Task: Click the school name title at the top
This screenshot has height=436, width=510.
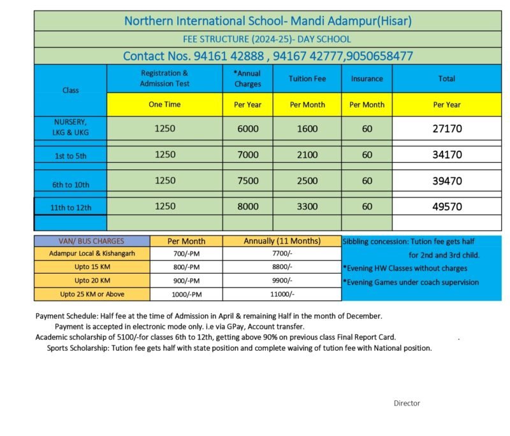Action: pyautogui.click(x=268, y=21)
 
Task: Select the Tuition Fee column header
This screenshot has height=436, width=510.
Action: pyautogui.click(x=307, y=78)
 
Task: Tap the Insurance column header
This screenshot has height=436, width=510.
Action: pyautogui.click(x=367, y=78)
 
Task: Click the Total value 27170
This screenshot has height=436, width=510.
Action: pyautogui.click(x=447, y=128)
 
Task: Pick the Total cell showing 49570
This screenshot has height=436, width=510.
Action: pyautogui.click(x=447, y=206)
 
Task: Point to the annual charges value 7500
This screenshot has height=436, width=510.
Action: pyautogui.click(x=248, y=181)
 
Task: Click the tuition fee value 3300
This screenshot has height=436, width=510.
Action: pyautogui.click(x=307, y=206)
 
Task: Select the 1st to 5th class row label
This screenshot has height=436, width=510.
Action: pyautogui.click(x=71, y=155)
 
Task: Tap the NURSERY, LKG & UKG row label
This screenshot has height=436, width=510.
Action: pyautogui.click(x=71, y=127)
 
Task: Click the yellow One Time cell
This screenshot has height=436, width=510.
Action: pyautogui.click(x=164, y=104)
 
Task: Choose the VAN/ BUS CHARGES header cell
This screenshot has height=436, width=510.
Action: pyautogui.click(x=92, y=241)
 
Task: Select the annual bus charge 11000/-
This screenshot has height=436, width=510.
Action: pyautogui.click(x=282, y=294)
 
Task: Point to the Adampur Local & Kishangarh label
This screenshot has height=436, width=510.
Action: pyautogui.click(x=92, y=254)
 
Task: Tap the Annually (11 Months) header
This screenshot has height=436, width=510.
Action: pyautogui.click(x=282, y=241)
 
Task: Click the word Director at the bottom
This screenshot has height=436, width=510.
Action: pyautogui.click(x=407, y=403)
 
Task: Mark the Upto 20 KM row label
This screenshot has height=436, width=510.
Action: pyautogui.click(x=92, y=280)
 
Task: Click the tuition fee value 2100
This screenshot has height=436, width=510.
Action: pyautogui.click(x=307, y=155)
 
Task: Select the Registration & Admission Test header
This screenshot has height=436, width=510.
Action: pyautogui.click(x=164, y=78)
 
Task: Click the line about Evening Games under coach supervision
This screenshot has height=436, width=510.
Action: pyautogui.click(x=411, y=282)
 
